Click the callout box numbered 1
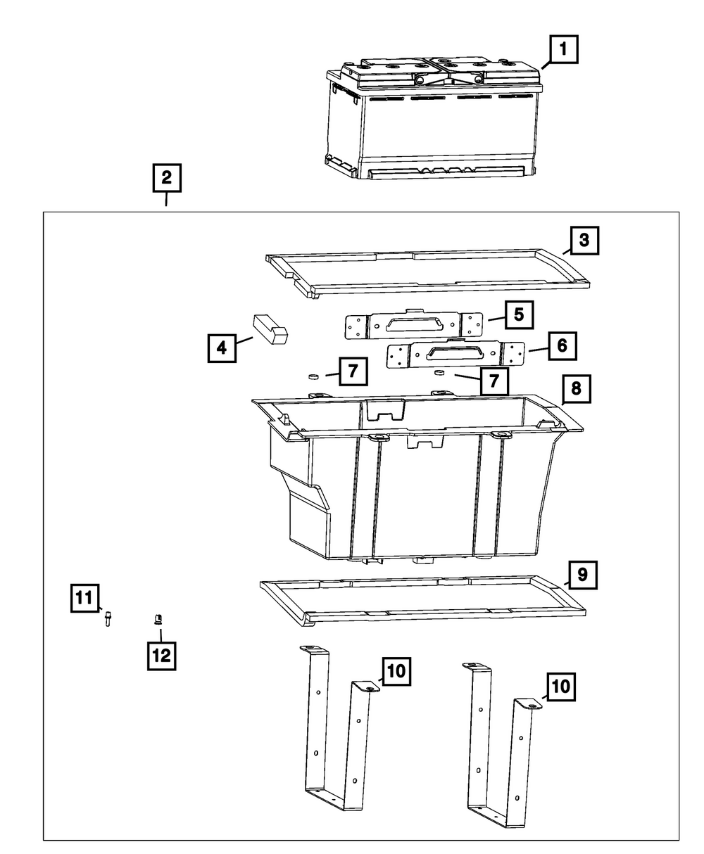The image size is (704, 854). [562, 51]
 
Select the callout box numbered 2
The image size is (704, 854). [166, 178]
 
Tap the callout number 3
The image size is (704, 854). [584, 241]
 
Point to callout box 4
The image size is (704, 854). [222, 348]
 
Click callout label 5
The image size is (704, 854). [518, 314]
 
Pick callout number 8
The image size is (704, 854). [576, 388]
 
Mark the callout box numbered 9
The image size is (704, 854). [582, 575]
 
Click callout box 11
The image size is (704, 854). [84, 599]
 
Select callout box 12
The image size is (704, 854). [161, 656]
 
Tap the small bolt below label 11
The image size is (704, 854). [108, 618]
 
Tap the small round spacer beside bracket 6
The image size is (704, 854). [439, 372]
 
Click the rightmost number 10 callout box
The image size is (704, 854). [561, 686]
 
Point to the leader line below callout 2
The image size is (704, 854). [166, 200]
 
